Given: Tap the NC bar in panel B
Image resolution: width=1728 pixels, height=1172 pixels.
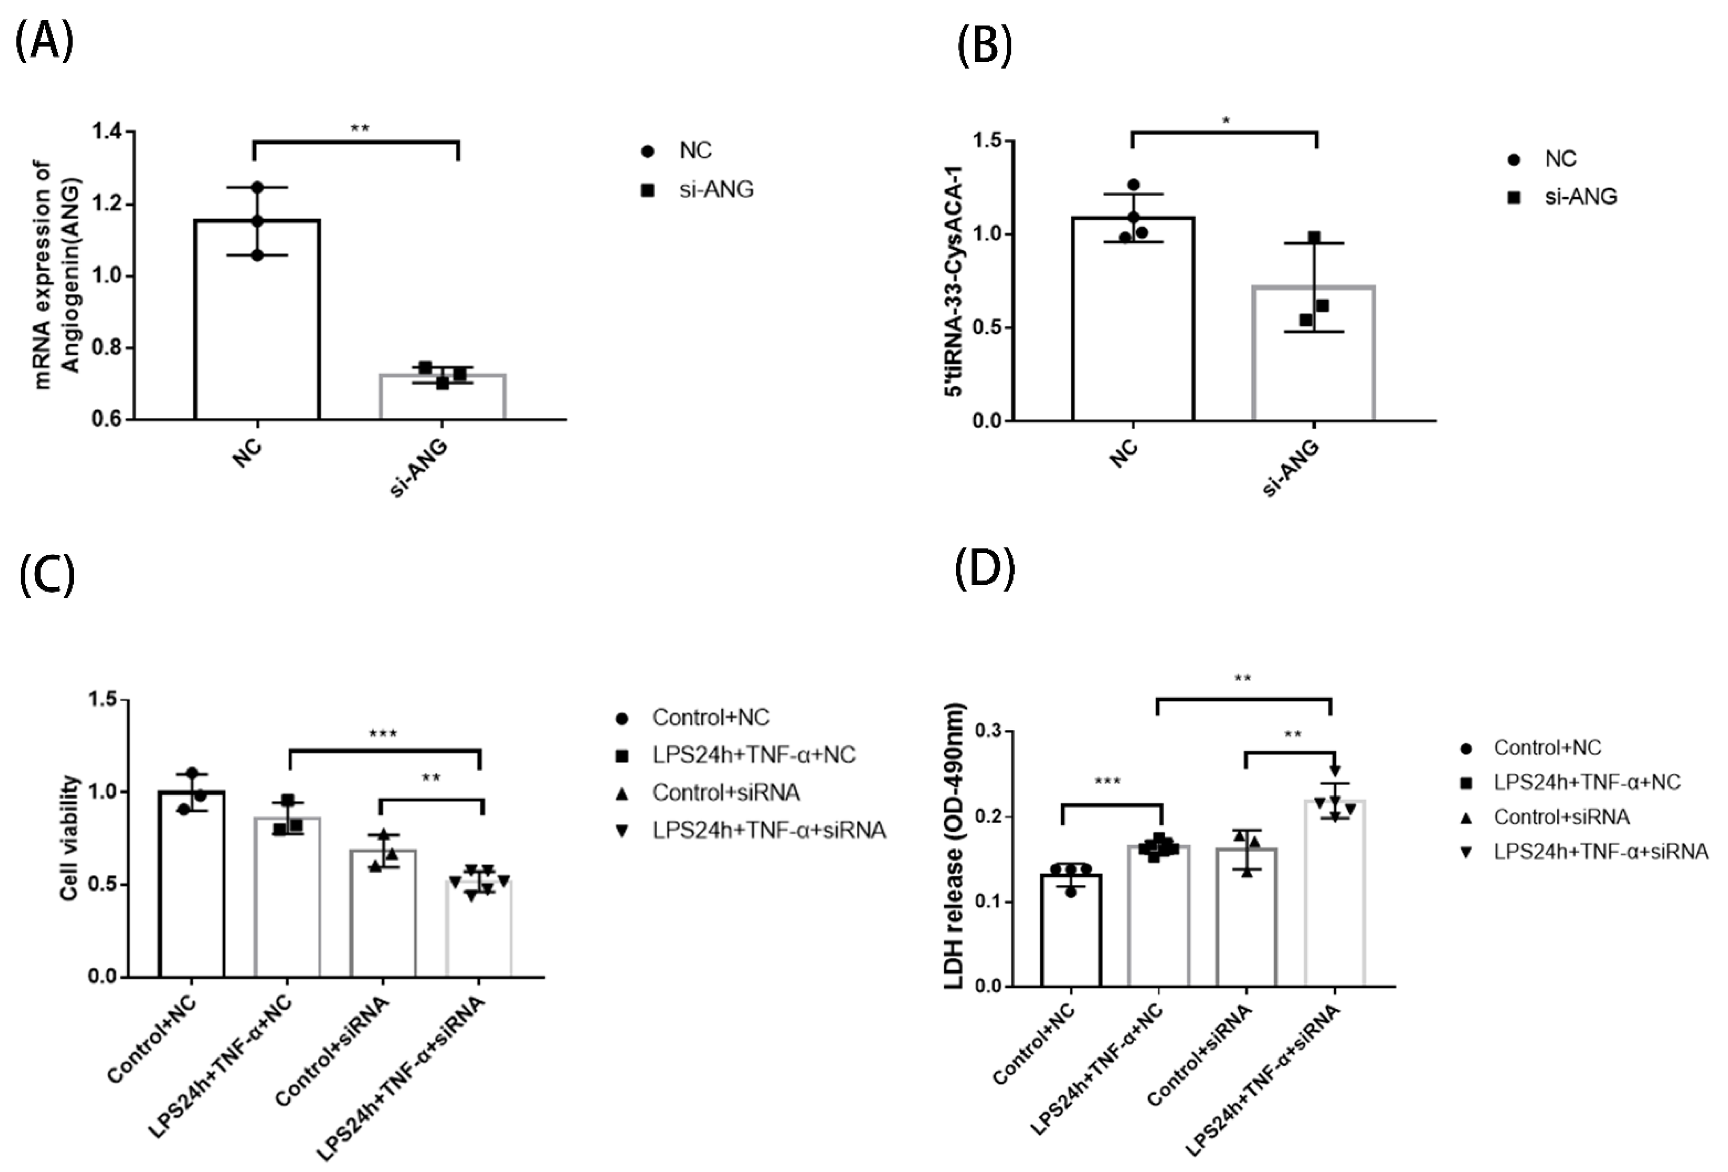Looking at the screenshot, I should (x=1132, y=320).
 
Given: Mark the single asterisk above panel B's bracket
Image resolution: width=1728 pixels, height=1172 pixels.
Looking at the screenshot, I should (x=1226, y=120).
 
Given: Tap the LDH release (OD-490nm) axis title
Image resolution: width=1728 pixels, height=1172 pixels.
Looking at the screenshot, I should (x=955, y=846).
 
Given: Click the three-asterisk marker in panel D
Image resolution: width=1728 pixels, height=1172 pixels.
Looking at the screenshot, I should (x=1107, y=782).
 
